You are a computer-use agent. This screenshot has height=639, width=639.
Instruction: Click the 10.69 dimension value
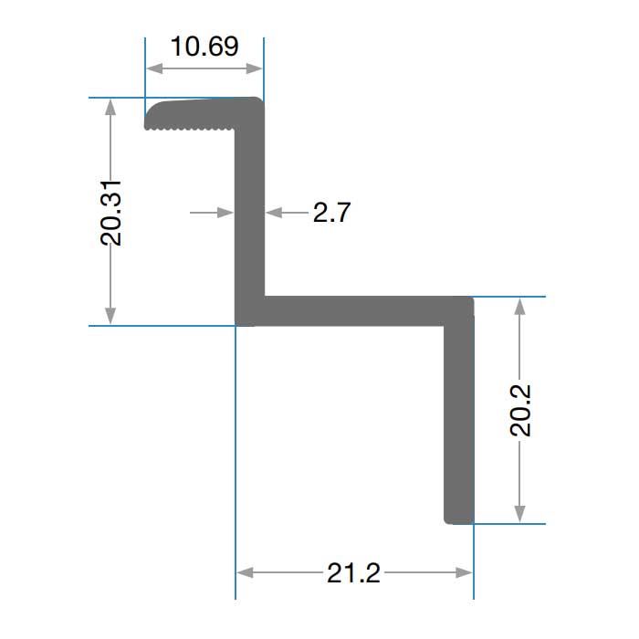[204, 47]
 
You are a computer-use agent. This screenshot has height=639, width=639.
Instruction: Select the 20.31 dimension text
[110, 213]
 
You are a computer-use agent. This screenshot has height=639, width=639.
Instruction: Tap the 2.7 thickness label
[331, 213]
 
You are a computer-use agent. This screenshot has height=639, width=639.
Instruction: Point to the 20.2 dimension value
[520, 411]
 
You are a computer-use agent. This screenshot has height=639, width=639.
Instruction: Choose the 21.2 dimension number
[354, 572]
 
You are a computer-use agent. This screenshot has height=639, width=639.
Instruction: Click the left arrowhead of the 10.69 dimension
[154, 68]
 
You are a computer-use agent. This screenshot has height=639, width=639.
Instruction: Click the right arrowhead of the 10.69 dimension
[255, 68]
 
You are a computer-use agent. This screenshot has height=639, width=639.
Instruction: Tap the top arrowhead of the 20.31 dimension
[110, 107]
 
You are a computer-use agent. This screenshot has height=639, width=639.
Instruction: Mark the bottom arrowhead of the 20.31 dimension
[110, 316]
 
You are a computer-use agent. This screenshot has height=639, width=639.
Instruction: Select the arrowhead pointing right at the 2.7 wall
[225, 213]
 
